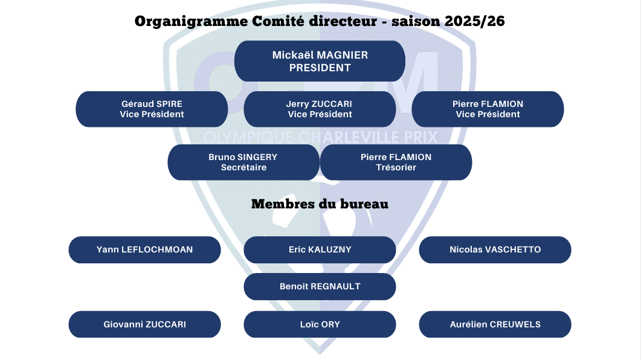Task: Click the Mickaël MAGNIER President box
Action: click(320, 61)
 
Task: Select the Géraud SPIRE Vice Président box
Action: click(152, 109)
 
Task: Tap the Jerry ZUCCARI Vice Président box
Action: click(320, 109)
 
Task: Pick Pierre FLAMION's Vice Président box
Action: click(488, 109)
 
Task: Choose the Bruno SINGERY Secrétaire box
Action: click(243, 162)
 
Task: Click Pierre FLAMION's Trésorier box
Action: click(396, 162)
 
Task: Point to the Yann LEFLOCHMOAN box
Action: click(145, 249)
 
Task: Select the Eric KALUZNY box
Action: click(320, 249)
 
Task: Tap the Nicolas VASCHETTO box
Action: click(495, 249)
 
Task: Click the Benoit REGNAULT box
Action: click(320, 286)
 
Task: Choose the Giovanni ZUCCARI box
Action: click(145, 324)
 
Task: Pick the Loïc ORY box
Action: click(320, 324)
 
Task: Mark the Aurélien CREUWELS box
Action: click(495, 324)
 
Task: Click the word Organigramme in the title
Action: click(191, 22)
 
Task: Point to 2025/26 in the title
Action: click(475, 21)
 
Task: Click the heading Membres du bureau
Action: click(320, 204)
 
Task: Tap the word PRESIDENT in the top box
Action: click(320, 68)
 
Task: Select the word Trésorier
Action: click(396, 167)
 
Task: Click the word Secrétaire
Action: click(243, 167)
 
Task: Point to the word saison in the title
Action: click(416, 21)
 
